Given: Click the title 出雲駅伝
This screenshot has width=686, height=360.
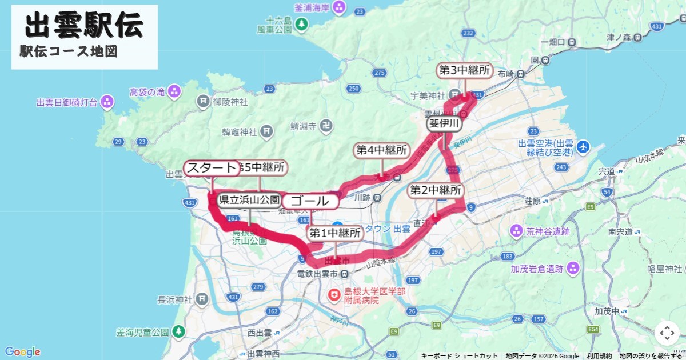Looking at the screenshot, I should click(85, 26).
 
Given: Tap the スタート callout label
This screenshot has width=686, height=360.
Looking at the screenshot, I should click(212, 168).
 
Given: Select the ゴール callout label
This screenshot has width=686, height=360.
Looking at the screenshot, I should click(310, 201).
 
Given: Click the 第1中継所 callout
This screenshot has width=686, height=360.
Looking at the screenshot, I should click(336, 233).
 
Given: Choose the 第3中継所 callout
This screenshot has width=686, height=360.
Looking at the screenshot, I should click(464, 70).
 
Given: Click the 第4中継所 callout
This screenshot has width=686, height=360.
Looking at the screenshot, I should click(382, 150).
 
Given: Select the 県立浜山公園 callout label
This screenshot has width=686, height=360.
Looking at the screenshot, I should click(249, 200).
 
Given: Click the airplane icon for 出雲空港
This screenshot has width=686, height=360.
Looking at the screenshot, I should click(583, 147).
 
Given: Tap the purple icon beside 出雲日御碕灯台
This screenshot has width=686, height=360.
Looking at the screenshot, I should click(106, 102).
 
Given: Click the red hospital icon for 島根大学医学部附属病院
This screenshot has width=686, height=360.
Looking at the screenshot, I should click(333, 295).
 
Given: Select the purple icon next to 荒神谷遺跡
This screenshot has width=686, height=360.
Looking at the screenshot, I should click(516, 231).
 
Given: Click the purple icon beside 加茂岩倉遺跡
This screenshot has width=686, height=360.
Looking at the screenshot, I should click(573, 268).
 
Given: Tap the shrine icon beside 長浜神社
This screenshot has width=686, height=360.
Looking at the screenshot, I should click(201, 299).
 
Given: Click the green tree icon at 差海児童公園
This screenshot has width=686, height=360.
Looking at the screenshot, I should click(179, 331).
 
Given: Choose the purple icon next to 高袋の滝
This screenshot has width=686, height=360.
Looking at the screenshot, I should click(174, 91).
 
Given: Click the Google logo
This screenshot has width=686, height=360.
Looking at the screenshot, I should click(23, 352).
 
